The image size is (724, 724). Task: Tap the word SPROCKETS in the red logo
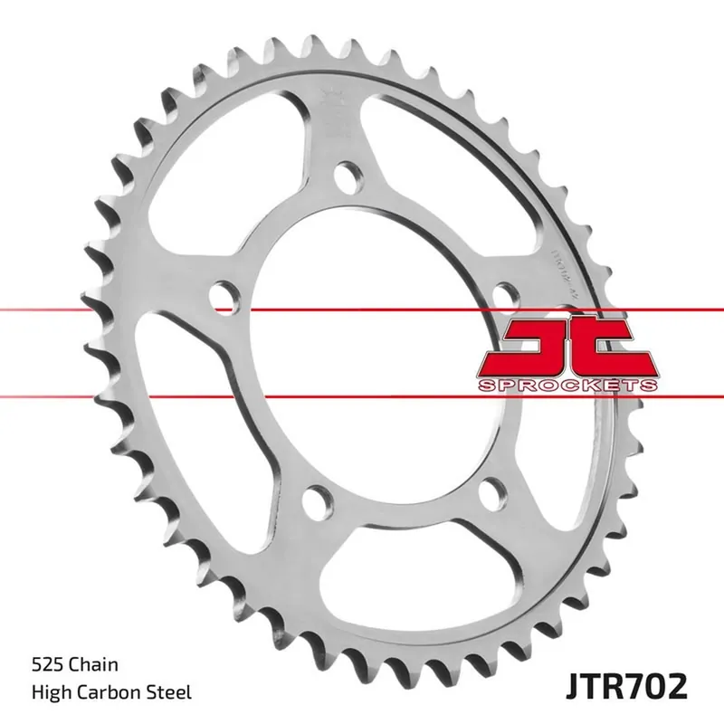(567, 386)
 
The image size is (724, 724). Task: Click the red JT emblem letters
(567, 348)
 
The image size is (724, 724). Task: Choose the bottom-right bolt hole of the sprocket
(491, 493)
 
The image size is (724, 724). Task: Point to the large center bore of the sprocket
(380, 362)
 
